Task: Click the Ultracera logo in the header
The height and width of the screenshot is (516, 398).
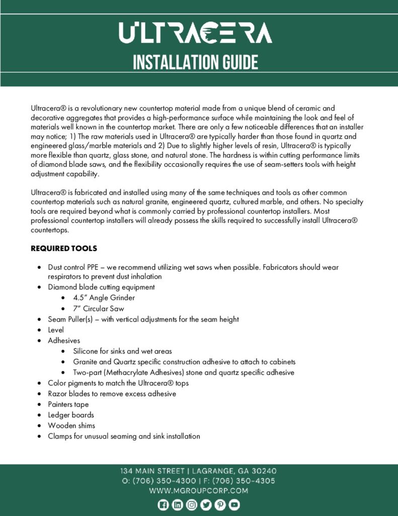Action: coord(195,33)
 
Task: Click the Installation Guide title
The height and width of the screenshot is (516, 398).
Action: coord(195,62)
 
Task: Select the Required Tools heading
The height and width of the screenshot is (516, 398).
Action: coord(64,248)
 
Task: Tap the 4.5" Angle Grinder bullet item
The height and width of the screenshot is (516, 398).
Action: coord(104,298)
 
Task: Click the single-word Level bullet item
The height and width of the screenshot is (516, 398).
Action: coord(56,330)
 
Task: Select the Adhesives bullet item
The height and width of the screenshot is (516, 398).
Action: coord(64,341)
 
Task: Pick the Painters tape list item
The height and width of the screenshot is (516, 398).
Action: coord(68,404)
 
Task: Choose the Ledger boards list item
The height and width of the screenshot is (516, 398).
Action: coord(71,415)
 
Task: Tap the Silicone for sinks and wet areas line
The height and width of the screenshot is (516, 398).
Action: coord(122,351)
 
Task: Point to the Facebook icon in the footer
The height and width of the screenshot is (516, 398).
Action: coord(163,505)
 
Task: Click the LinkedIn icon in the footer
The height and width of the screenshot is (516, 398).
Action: coord(177,505)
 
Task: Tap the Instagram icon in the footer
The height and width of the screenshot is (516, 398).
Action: coord(192,505)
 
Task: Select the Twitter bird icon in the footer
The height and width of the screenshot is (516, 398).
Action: coord(206,505)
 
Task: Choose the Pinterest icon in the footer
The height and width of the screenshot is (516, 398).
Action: coord(220,505)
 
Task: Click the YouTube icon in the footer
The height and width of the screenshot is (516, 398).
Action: coord(234,505)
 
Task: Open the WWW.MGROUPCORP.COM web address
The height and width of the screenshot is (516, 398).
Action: coord(198,490)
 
